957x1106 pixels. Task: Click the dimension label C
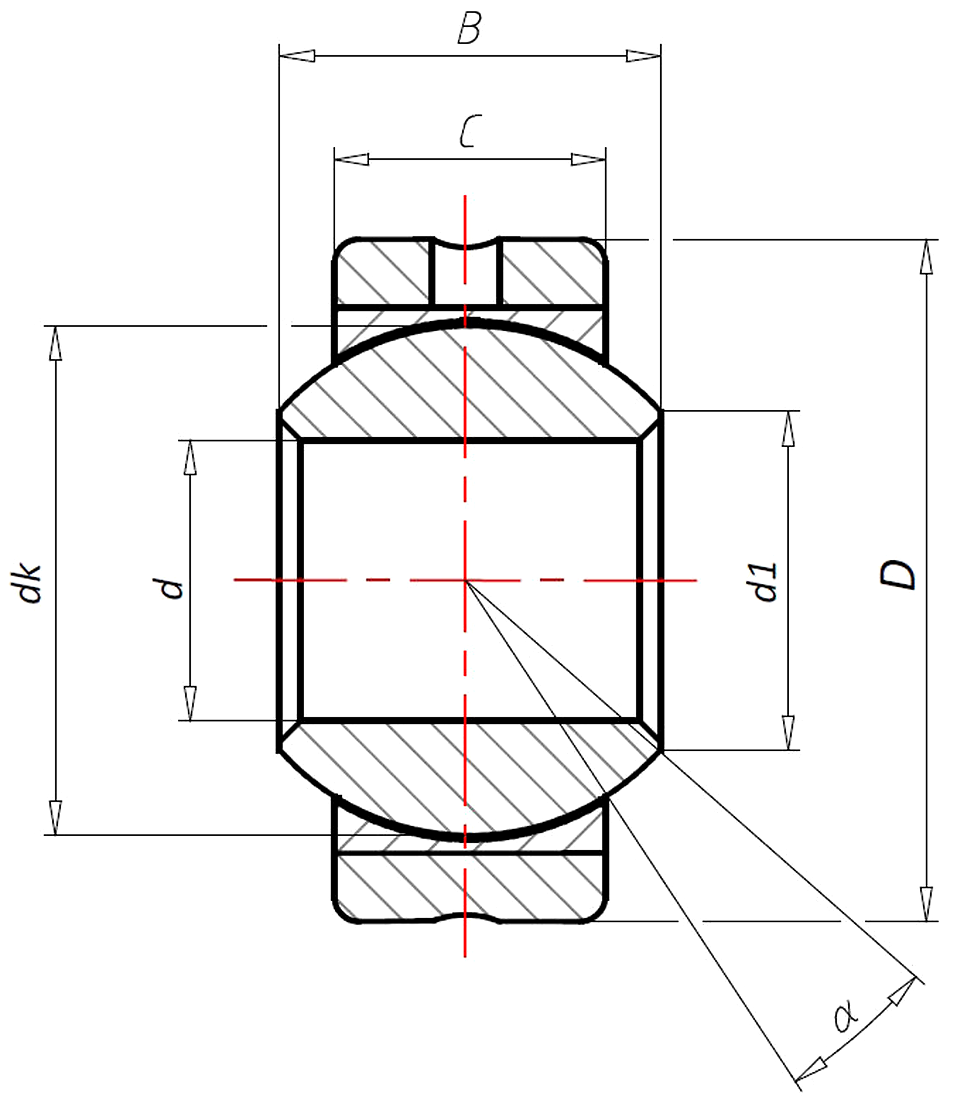pos(470,131)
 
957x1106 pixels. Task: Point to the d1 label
pos(765,583)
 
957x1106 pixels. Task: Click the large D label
pos(897,575)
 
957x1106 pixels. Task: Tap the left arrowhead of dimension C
pos(351,159)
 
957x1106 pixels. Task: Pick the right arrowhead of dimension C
pos(588,159)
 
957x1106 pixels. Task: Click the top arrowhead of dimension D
pos(927,257)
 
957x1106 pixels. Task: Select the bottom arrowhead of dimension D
pos(927,903)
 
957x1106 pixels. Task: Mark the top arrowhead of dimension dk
pos(55,343)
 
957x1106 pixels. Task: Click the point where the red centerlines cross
pos(465,580)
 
